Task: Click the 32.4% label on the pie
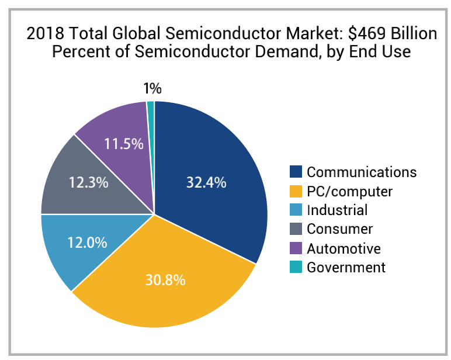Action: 206,182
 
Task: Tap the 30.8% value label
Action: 165,280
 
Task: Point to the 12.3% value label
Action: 89,182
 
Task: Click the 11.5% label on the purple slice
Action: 124,143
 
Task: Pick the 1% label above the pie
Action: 152,89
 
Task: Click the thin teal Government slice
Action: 151,105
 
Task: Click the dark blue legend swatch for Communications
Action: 296,172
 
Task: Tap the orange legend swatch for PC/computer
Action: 296,191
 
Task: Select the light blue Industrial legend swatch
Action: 296,210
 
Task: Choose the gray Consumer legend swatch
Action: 296,229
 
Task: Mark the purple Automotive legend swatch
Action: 296,248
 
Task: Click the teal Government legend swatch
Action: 296,267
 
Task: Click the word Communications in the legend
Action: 362,172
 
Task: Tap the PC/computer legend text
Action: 349,191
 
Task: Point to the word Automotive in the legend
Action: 344,248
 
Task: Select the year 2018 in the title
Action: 43,34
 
